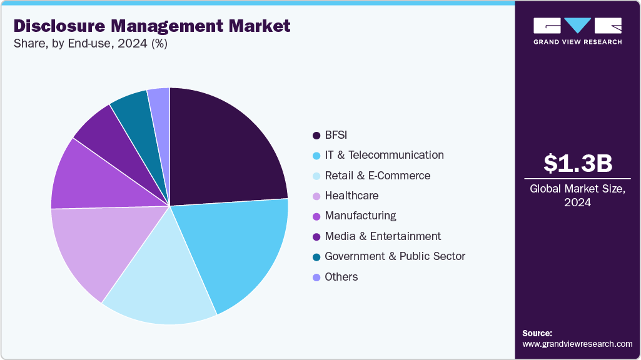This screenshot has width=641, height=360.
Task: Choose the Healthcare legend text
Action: pos(351,196)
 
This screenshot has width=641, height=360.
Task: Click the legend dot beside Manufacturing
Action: pos(316,216)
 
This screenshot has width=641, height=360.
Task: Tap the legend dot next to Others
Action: pos(316,277)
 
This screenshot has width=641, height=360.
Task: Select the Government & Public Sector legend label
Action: pos(395,256)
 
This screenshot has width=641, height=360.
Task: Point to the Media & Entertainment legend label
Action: pos(383,236)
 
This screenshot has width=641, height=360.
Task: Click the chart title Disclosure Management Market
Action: pos(152,26)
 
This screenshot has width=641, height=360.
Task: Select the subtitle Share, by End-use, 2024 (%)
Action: pos(90,44)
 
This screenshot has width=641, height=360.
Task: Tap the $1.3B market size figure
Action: pos(577,163)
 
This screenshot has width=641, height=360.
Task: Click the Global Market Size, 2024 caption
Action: pos(577,195)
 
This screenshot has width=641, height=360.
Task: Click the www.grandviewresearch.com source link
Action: pos(577,344)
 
